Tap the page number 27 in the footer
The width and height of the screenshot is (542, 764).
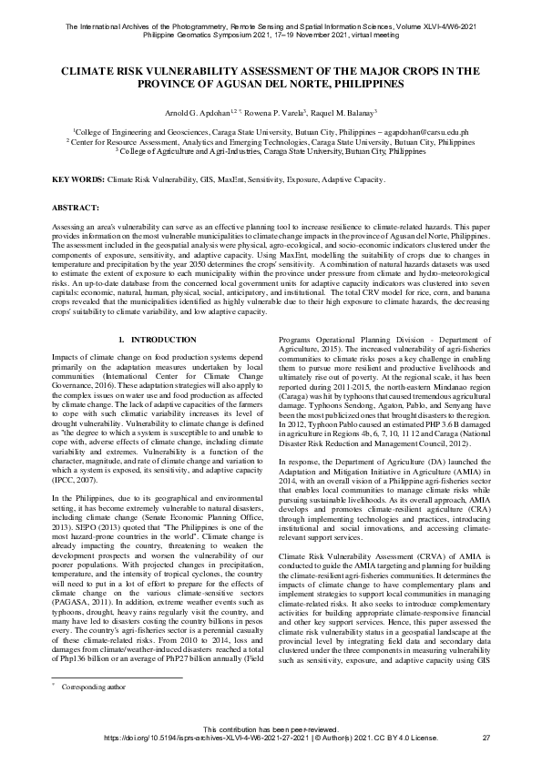486,738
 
